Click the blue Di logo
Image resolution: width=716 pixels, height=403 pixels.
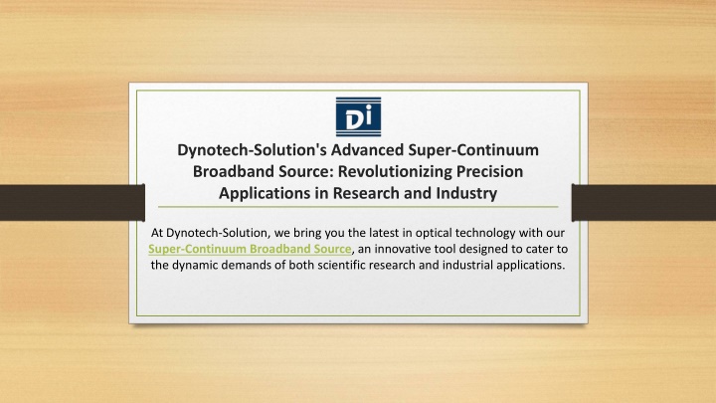[358, 116]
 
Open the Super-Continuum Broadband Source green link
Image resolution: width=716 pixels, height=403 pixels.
[250, 249]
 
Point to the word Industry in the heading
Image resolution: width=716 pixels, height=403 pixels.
[466, 193]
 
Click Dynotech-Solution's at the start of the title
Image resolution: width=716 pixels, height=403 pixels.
[252, 150]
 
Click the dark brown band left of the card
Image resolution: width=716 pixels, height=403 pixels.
[73, 203]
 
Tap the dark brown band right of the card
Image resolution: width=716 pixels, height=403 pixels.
[643, 203]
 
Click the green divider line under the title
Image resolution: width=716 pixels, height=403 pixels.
[358, 207]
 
